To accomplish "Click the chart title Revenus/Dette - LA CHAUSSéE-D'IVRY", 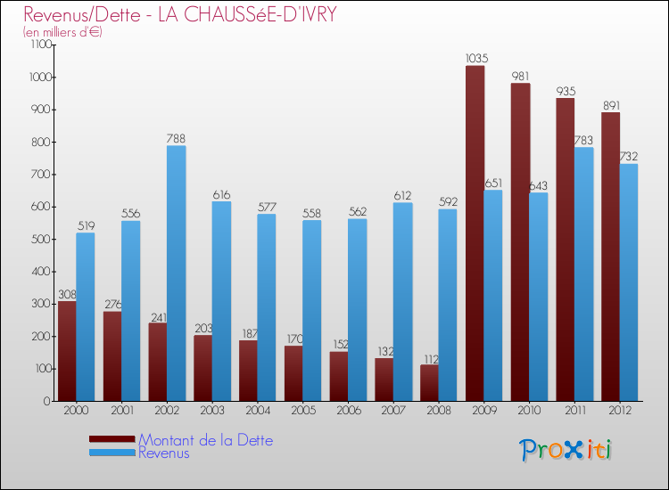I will click(180, 14).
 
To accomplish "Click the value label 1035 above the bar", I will click(475, 59).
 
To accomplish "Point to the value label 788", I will click(177, 138).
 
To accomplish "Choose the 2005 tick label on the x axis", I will click(302, 410).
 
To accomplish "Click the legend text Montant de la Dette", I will click(205, 440).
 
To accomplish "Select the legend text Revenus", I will click(164, 453).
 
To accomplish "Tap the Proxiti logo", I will click(566, 450).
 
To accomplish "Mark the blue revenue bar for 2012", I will click(629, 282).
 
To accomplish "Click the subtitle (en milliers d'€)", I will click(63, 32).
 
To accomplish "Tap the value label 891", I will click(611, 105).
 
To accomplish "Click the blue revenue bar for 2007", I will click(402, 301).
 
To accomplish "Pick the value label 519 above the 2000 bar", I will click(86, 225).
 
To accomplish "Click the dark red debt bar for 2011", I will click(566, 249).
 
